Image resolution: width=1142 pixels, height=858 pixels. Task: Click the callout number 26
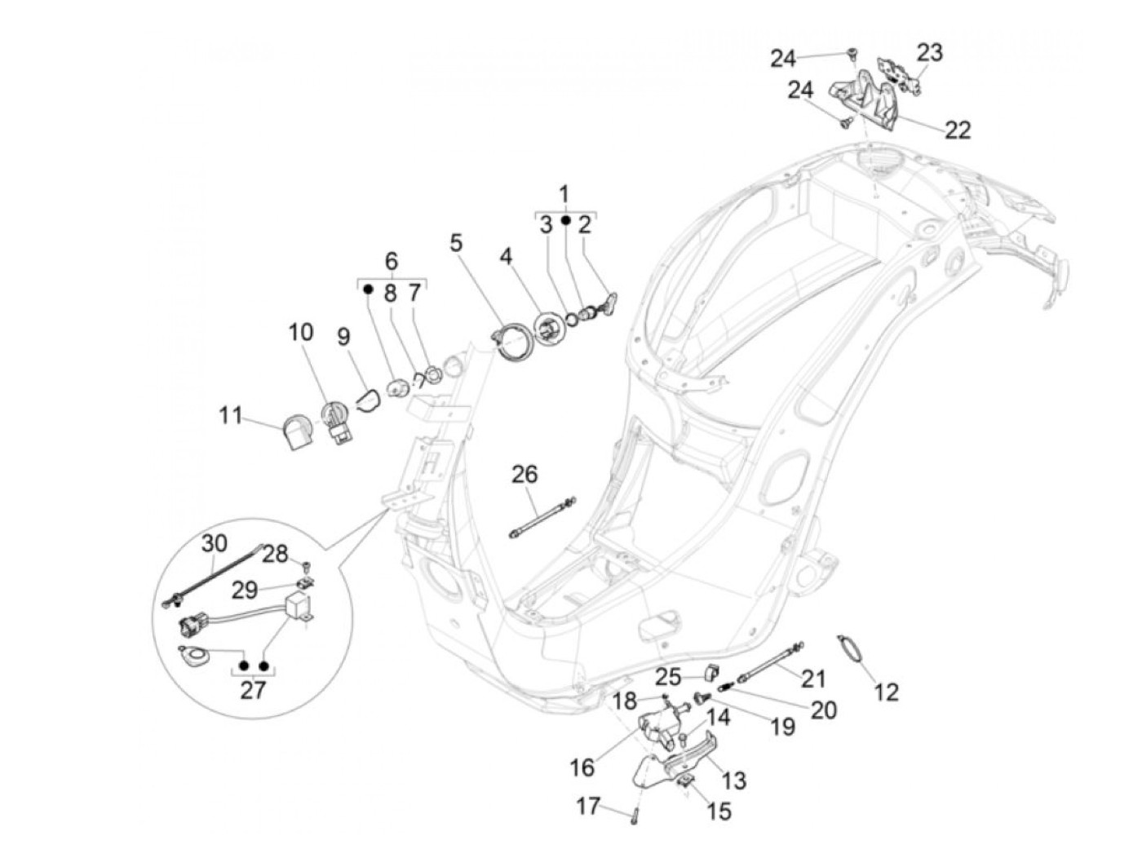coord(525,474)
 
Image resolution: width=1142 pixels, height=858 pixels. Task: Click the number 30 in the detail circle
coord(215,544)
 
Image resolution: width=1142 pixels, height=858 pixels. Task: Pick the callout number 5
coord(455,242)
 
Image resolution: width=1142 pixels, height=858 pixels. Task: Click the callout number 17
coord(588,807)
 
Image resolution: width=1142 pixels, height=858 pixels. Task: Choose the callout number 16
coord(582,767)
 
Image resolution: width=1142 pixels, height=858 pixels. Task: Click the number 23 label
coord(929,53)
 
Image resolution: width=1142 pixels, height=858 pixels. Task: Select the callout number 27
coord(253,690)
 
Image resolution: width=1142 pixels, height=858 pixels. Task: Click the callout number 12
coord(886,692)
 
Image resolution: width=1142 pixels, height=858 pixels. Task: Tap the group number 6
coord(392,262)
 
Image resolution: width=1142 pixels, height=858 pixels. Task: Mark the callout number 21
coord(813,679)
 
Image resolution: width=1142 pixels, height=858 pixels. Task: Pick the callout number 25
coord(668,677)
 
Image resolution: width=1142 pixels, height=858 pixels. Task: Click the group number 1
coord(564,195)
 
